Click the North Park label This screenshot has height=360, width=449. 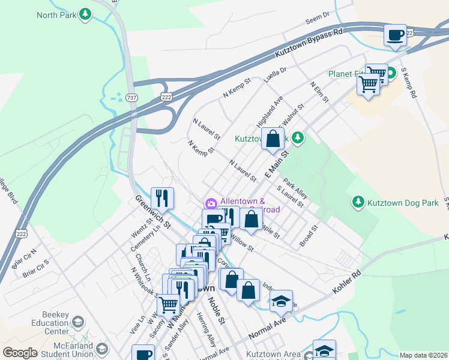coord(56,14)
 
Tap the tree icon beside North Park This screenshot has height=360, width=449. coord(86,13)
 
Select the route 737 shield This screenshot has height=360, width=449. coord(132,97)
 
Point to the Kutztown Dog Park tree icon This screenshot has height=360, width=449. coord(358,202)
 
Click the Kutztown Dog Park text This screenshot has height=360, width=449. coord(403,203)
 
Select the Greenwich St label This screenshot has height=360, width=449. coord(153,211)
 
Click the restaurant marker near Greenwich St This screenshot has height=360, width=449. coord(162,197)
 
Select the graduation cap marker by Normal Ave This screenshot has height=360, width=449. coord(281,301)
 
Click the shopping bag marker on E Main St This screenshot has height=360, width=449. coord(273,139)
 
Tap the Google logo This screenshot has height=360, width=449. coord(20,353)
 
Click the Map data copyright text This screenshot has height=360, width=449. coord(423,355)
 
